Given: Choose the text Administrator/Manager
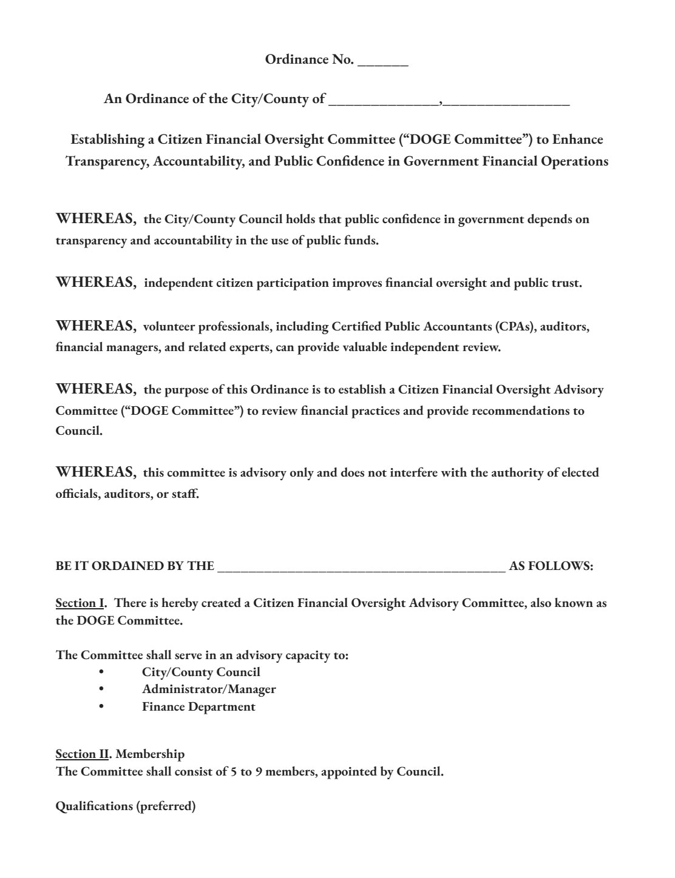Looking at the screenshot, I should (209, 689).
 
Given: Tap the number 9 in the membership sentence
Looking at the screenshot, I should (259, 772).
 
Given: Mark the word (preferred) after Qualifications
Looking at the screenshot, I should (166, 807).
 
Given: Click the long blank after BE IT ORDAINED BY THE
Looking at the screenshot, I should (361, 567).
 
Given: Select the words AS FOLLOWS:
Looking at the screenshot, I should (551, 566).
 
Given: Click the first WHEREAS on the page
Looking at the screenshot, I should (96, 219).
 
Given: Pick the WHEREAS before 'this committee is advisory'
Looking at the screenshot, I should (96, 472).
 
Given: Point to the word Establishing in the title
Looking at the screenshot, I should (107, 140).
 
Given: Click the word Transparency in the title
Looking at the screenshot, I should (104, 162).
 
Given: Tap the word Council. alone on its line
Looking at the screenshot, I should (79, 431).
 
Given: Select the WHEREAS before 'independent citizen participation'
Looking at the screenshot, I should (96, 283).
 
